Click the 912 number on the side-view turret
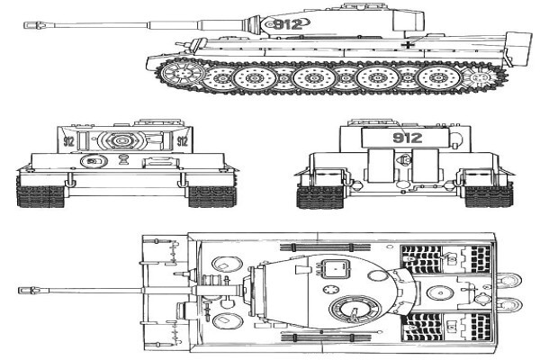pyautogui.click(x=288, y=24)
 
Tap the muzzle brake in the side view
pyautogui.click(x=34, y=25)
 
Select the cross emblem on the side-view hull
pyautogui.click(x=408, y=44)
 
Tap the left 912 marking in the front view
pyautogui.click(x=68, y=141)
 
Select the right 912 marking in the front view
pyautogui.click(x=182, y=141)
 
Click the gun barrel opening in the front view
pyautogui.click(x=121, y=140)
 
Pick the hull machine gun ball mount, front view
pyautogui.click(x=93, y=161)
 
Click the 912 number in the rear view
pyautogui.click(x=408, y=138)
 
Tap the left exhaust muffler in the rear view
pyautogui.click(x=381, y=166)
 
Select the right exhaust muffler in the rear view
pyautogui.click(x=426, y=166)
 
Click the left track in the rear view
pyautogui.click(x=320, y=196)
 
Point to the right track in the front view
pyautogui.click(x=212, y=196)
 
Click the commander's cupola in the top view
pyautogui.click(x=355, y=309)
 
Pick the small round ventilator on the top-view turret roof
pyautogui.click(x=331, y=290)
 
